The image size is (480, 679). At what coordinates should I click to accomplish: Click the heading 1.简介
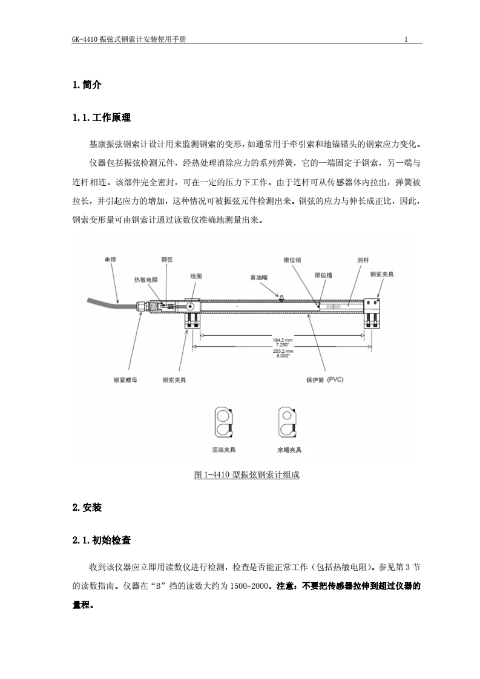87,85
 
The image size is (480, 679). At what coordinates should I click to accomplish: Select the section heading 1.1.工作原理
102,117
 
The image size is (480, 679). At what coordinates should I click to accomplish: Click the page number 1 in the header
406,39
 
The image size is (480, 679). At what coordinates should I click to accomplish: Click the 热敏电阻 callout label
145,280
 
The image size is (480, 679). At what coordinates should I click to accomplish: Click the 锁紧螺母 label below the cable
125,381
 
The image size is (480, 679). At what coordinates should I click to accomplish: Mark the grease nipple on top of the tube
280,296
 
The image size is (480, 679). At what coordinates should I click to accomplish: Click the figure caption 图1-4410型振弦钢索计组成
246,474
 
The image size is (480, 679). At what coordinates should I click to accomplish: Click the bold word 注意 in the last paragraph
284,586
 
